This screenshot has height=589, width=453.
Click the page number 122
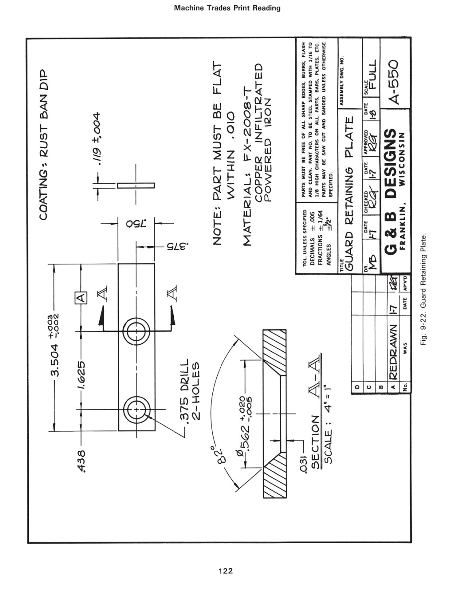pyautogui.click(x=226, y=571)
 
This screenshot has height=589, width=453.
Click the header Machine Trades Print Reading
pyautogui.click(x=227, y=8)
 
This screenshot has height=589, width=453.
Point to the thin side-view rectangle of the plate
pyautogui.click(x=137, y=186)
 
